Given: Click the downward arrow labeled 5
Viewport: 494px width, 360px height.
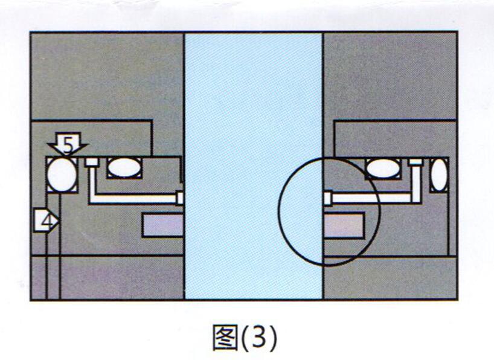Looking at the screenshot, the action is click(x=68, y=143).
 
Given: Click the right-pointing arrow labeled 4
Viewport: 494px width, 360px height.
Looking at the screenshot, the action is click(x=47, y=220).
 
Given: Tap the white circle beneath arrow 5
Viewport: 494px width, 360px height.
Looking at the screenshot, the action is click(x=62, y=175).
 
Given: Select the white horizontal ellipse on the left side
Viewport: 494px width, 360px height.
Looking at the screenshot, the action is click(x=124, y=167).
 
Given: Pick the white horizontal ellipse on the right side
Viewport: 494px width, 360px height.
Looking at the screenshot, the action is click(x=383, y=169).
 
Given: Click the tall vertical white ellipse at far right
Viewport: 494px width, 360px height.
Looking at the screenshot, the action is click(x=439, y=175).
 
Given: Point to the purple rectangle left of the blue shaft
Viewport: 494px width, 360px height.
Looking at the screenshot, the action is click(x=162, y=225).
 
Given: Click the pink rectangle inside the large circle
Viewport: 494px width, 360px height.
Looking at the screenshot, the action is click(x=344, y=225).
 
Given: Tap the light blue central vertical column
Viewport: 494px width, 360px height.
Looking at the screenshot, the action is click(x=254, y=166).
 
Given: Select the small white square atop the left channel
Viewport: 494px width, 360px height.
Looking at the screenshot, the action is click(x=92, y=162).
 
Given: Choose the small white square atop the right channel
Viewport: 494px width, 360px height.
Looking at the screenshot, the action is click(x=415, y=162).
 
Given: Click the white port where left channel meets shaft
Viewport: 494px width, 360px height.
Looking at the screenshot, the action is click(x=180, y=198).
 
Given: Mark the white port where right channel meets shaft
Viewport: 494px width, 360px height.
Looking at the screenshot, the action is click(x=328, y=198).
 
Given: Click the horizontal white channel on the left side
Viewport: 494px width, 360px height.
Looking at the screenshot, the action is click(x=133, y=199).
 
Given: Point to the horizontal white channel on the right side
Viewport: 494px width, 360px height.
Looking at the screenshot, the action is click(x=372, y=198).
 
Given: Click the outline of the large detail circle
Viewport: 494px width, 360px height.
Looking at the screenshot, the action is click(x=380, y=212).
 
